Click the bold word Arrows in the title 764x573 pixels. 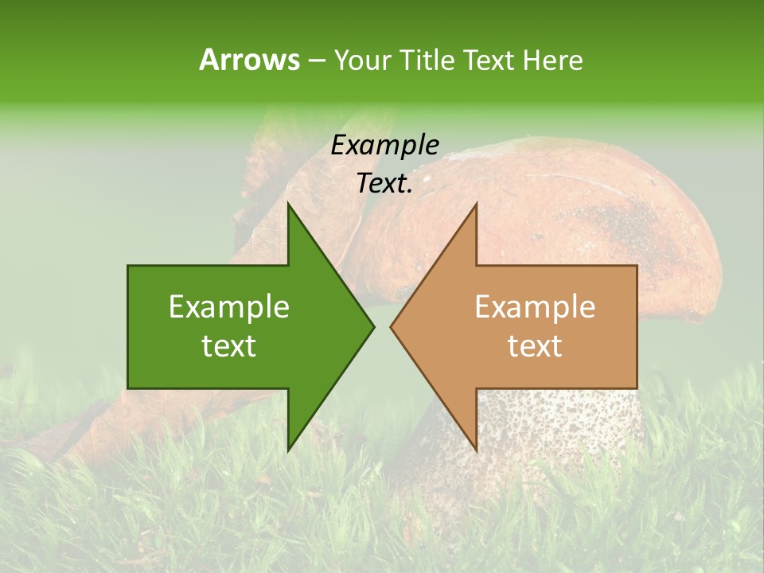[x=249, y=60]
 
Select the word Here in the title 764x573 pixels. [x=552, y=60]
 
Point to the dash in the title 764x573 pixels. [x=316, y=60]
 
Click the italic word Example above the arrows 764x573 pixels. [x=385, y=145]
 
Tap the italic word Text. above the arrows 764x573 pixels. [x=385, y=183]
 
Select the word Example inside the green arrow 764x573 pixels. [x=229, y=307]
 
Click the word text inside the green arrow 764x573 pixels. [x=229, y=346]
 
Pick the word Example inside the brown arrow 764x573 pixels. [x=535, y=307]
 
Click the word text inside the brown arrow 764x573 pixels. [x=535, y=346]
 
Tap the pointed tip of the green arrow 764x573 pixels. [x=373, y=327]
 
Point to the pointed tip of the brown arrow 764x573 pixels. [x=391, y=327]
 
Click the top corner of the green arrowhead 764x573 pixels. [x=288, y=204]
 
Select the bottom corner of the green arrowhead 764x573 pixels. [x=288, y=450]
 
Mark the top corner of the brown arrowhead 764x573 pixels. [x=476, y=204]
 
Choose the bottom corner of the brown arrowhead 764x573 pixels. [x=476, y=450]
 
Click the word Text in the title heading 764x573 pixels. [x=487, y=60]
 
